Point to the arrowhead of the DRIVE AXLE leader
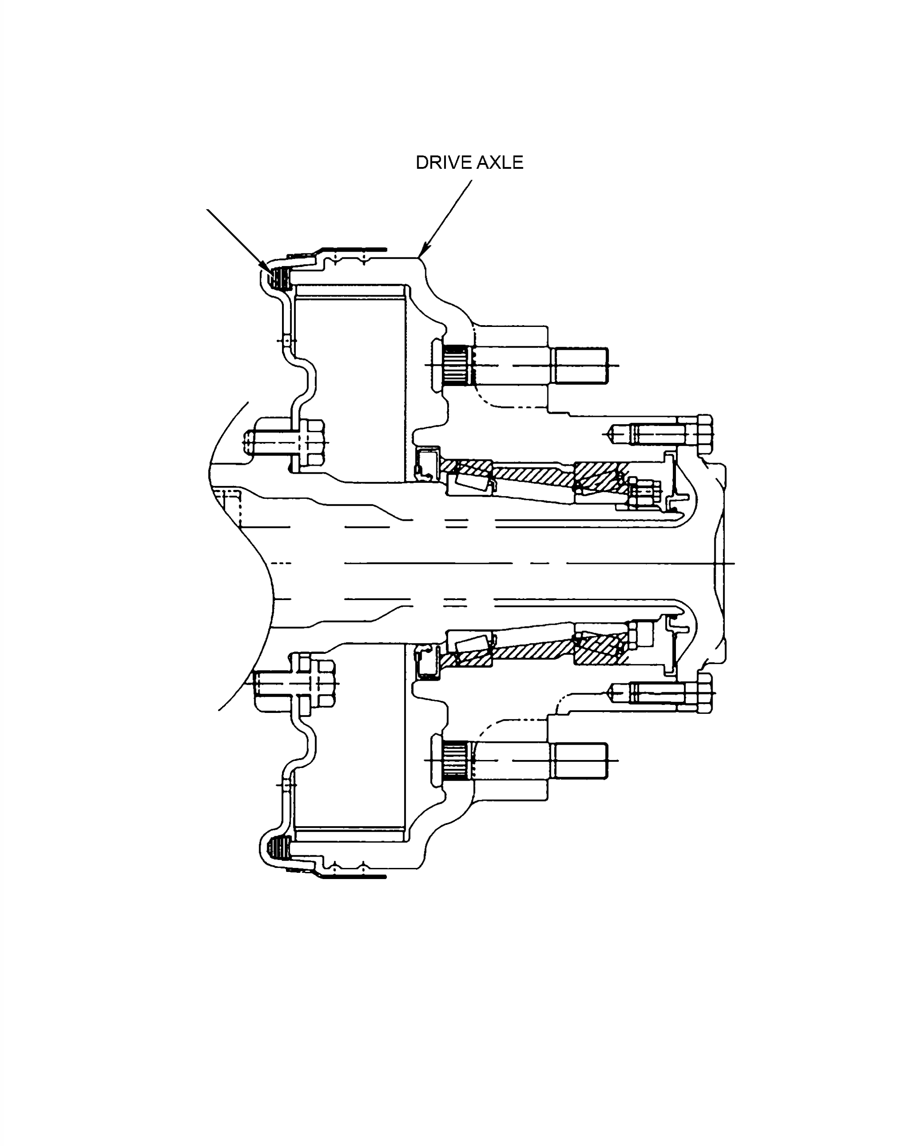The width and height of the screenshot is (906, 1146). (424, 250)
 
